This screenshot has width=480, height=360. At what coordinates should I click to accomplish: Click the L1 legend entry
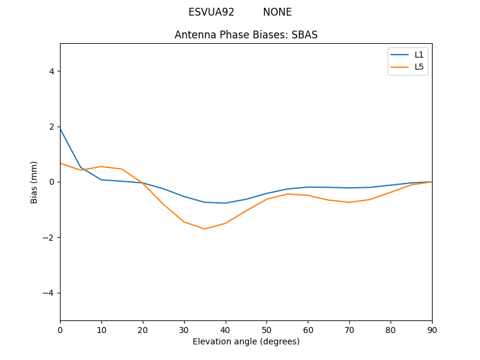419,55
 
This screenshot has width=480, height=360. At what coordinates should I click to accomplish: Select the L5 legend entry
419,67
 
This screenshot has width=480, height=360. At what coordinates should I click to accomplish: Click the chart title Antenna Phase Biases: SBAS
246,35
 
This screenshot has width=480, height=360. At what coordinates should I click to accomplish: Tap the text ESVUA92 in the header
211,12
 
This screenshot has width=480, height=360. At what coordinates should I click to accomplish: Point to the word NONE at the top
277,12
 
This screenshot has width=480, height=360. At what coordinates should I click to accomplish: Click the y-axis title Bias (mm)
34,182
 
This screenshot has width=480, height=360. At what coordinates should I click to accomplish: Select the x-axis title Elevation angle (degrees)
246,341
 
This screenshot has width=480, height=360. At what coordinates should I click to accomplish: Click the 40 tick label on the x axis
226,329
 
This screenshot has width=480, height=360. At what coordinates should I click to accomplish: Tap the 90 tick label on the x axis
432,329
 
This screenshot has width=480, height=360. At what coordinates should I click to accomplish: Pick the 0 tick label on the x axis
60,329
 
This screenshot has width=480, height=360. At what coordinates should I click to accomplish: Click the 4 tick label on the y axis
52,71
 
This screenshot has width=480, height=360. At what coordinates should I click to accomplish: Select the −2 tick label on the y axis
49,237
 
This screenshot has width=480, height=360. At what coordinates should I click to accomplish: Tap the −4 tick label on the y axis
49,293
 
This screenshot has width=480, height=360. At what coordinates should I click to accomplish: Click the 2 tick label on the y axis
52,127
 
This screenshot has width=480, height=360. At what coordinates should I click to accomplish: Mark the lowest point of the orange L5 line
205,229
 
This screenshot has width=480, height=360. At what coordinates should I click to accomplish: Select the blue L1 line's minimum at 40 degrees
226,203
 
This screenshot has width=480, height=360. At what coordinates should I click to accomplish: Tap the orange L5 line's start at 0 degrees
61,163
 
